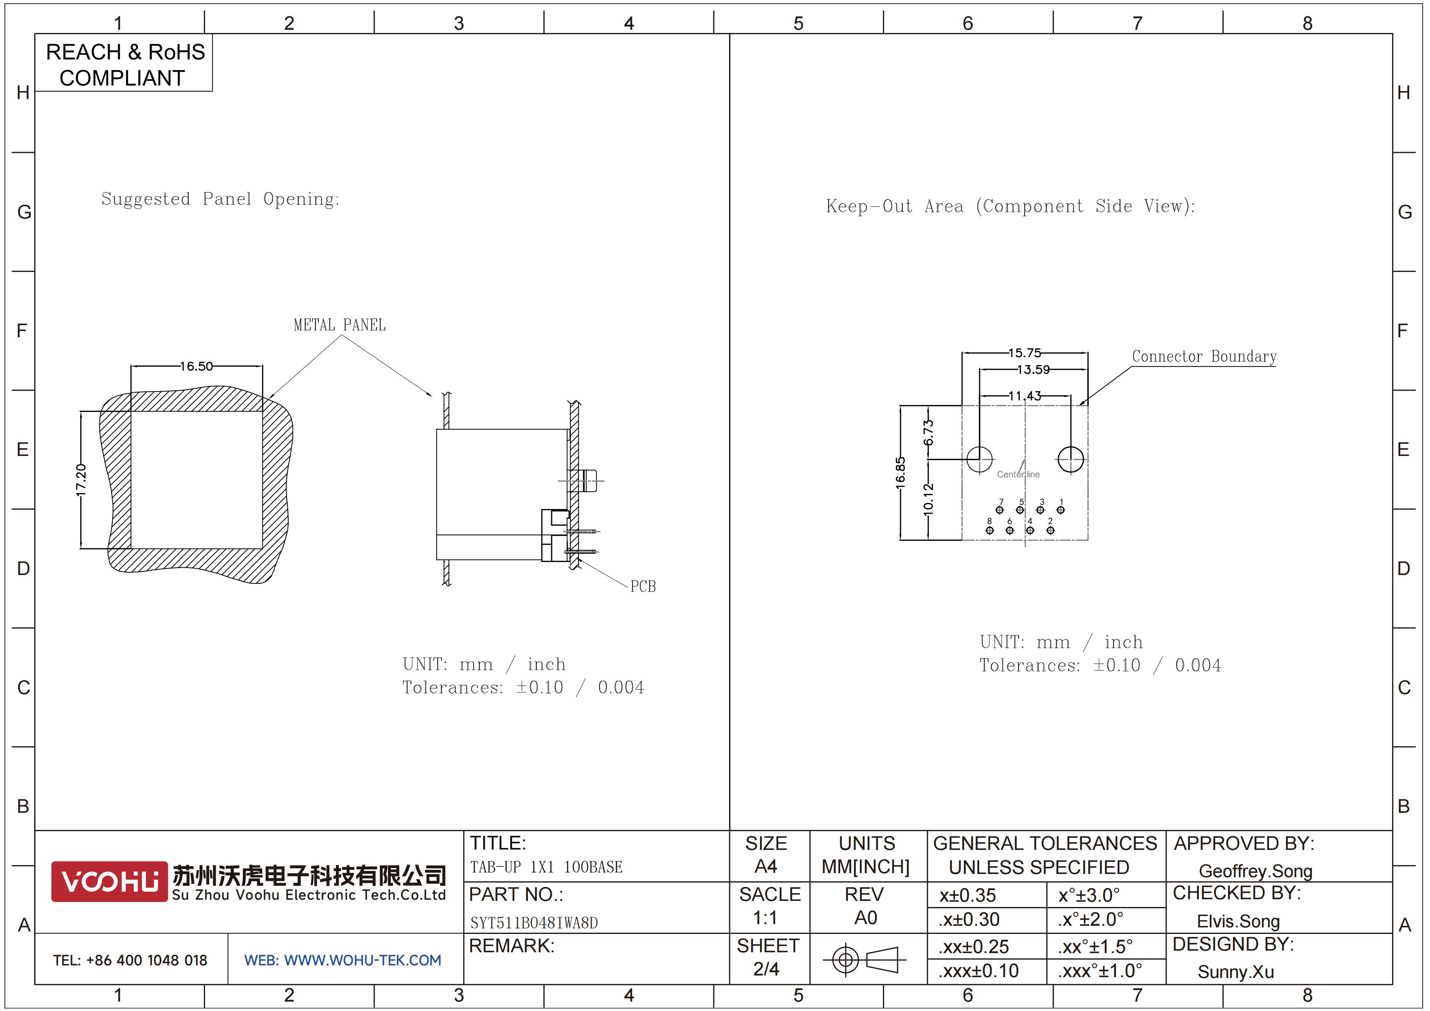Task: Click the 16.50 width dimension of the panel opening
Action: (197, 366)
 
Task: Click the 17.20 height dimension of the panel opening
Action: (81, 480)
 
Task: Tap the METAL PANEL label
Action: (340, 325)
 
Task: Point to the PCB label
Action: (643, 586)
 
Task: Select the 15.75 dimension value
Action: (1024, 353)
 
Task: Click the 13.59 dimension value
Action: (1033, 369)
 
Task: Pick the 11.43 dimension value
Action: (1024, 396)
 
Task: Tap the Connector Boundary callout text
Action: (1204, 356)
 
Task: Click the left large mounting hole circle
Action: (980, 459)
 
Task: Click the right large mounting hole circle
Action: (1070, 459)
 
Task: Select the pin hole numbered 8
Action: (990, 530)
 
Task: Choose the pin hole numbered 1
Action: (1061, 509)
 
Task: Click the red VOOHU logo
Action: (110, 881)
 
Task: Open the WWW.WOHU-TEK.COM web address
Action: (362, 960)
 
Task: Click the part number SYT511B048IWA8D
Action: (534, 923)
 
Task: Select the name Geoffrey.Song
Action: (1256, 871)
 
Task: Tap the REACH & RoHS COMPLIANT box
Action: (124, 64)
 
